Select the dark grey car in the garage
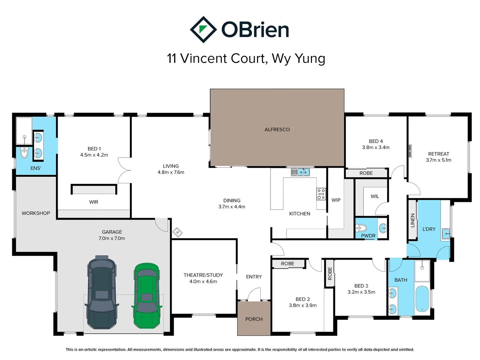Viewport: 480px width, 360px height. coord(102,293)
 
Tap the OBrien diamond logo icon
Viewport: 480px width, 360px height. coord(203,30)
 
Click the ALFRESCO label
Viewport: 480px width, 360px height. coord(277,130)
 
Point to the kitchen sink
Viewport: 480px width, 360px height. coord(300,172)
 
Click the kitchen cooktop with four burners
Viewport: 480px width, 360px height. coord(321,194)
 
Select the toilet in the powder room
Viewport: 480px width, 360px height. coord(361,228)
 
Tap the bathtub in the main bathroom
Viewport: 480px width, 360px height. coord(422,299)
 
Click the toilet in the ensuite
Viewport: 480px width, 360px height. coord(24,152)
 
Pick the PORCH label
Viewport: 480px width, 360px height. coord(254,319)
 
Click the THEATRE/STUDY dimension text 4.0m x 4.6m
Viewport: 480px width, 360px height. coord(203,282)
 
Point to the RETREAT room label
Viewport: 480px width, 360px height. coord(438,154)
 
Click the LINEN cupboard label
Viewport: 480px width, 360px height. coord(413,220)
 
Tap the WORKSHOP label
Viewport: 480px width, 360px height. coord(36,213)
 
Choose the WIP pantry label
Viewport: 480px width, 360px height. coord(336,200)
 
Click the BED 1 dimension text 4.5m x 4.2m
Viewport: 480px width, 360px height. coord(94,155)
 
